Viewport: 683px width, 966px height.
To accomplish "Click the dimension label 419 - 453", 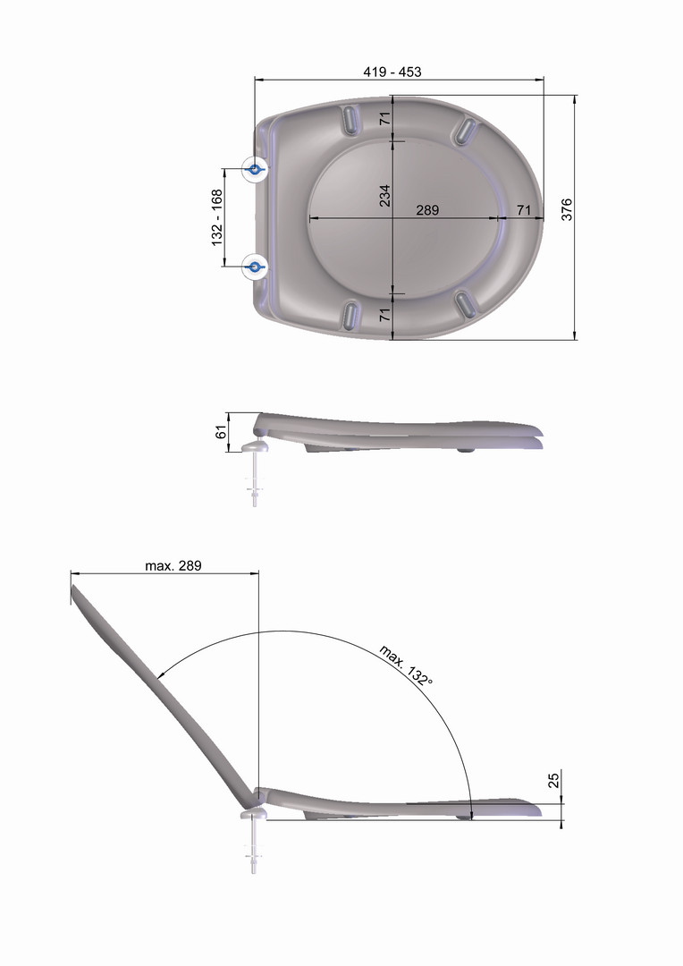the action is (392, 72).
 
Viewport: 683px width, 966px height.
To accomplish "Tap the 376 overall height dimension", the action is (567, 209).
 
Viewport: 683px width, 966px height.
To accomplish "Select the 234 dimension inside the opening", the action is (385, 195).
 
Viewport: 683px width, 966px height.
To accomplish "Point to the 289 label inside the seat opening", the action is (427, 210).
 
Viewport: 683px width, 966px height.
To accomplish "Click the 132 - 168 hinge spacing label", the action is (217, 217).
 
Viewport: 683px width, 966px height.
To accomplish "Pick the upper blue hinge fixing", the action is (255, 168).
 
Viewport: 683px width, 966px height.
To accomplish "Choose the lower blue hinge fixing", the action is (255, 267).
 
